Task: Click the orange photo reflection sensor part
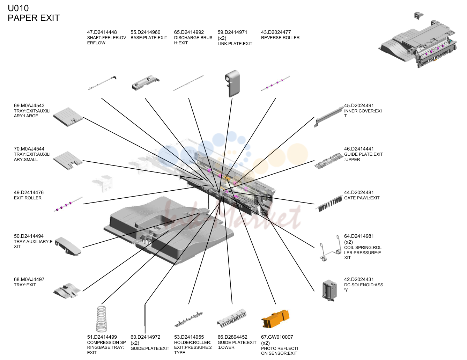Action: pyautogui.click(x=275, y=319)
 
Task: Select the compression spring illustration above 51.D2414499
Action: pyautogui.click(x=101, y=319)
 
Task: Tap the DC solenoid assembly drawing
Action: pyautogui.click(x=329, y=291)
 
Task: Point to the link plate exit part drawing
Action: pyautogui.click(x=232, y=83)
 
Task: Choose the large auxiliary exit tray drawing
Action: pyautogui.click(x=68, y=117)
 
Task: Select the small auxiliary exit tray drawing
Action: pyautogui.click(x=68, y=160)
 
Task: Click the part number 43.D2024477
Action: pyautogui.click(x=276, y=32)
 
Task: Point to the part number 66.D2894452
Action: pyautogui.click(x=232, y=337)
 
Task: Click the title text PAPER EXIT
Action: pyautogui.click(x=34, y=18)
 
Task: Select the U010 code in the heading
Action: pyautogui.click(x=18, y=8)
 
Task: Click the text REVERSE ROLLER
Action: pyautogui.click(x=280, y=38)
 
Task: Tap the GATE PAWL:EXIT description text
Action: pyautogui.click(x=362, y=198)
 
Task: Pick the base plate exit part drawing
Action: pyautogui.click(x=146, y=83)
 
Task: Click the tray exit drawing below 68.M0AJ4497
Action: pyautogui.click(x=67, y=291)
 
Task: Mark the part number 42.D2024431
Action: pyautogui.click(x=359, y=279)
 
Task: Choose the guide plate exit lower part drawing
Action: pyautogui.click(x=232, y=318)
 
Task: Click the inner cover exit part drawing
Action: pyautogui.click(x=329, y=117)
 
